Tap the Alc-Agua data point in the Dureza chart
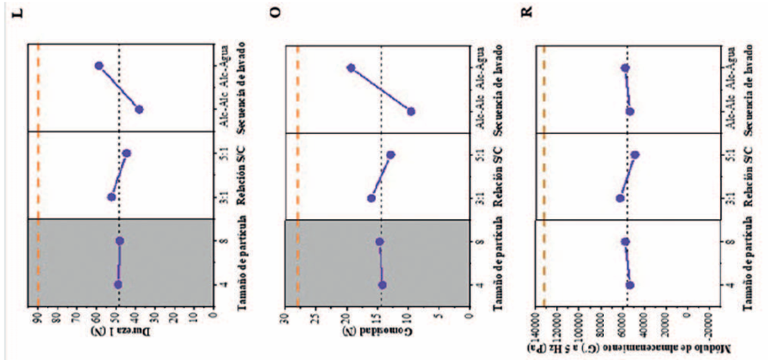(x=99, y=66)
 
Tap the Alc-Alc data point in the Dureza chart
(x=139, y=110)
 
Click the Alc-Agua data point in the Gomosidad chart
(x=351, y=67)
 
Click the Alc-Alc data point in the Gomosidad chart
(x=411, y=111)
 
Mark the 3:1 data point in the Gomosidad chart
(x=371, y=198)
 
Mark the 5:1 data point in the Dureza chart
(x=127, y=154)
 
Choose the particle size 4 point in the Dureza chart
(x=118, y=284)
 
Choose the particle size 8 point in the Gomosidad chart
(x=380, y=242)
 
